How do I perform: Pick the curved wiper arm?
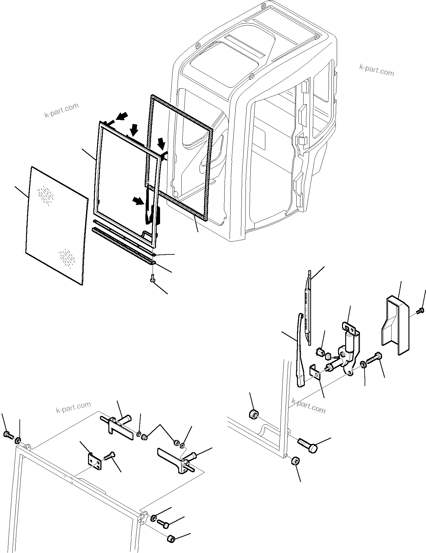300,351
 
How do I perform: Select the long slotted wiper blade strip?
308,304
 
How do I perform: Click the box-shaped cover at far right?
395,325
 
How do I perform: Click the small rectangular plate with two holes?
94,462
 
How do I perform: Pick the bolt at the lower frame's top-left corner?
8,434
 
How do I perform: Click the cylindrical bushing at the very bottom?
171,539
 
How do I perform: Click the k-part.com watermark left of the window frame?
61,110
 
